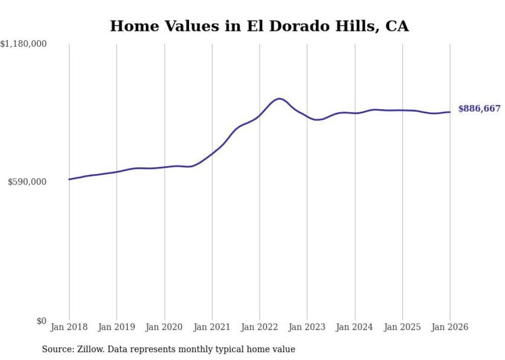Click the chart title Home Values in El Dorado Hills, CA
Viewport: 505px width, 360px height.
tap(259, 26)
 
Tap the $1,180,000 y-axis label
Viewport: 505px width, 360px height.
tap(23, 44)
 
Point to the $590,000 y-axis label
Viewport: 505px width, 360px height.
tap(27, 182)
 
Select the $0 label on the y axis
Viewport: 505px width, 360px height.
tap(41, 321)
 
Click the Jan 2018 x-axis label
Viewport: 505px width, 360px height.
tap(69, 327)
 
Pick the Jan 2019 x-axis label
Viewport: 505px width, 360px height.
tap(116, 327)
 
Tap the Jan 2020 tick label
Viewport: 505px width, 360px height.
tap(164, 327)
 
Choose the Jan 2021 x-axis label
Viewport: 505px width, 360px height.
tap(212, 327)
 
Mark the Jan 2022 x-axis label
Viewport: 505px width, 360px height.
tap(259, 327)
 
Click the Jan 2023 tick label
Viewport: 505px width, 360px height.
tap(307, 327)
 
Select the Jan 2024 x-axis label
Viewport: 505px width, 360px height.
tap(355, 327)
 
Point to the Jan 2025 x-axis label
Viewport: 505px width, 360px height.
tap(402, 327)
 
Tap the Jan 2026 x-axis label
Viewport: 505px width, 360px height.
tap(450, 327)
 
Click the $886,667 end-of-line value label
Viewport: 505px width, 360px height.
tap(479, 109)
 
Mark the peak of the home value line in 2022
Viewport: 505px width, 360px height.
tap(279, 98)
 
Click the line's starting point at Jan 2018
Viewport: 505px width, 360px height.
tap(69, 179)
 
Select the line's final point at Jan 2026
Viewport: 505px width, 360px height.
tap(450, 112)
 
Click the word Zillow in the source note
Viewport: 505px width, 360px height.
tap(86, 349)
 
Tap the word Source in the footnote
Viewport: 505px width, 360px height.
tap(56, 349)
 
